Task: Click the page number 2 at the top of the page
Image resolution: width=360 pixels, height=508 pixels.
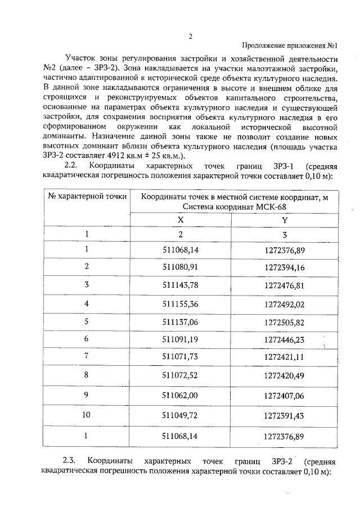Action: [190, 37]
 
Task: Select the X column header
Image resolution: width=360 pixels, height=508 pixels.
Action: [181, 220]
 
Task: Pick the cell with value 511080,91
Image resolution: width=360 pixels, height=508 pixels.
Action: [181, 266]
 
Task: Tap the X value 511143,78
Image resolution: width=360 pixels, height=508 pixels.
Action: [181, 285]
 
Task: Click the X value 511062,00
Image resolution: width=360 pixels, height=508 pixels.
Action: [181, 395]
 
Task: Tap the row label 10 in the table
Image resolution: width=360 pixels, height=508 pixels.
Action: [87, 415]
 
